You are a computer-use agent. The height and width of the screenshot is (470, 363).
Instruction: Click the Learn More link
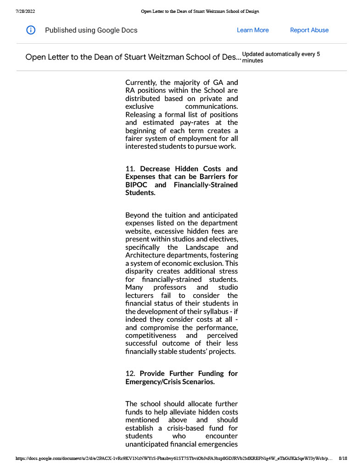coord(252,30)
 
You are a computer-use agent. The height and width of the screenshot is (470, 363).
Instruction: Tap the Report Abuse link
coord(309,30)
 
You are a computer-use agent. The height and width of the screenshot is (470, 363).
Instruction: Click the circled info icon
coord(31,30)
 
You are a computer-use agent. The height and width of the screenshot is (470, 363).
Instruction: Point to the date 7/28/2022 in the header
coord(25,11)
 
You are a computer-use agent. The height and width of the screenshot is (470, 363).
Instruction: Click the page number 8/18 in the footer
coord(342,458)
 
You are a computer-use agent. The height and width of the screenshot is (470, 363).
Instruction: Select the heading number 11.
coord(130,169)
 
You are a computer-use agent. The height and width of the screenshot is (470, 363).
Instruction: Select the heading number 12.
coord(130,374)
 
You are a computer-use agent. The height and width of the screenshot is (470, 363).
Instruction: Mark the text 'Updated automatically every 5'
coord(281,54)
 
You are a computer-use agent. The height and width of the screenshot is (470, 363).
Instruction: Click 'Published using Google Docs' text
coord(91,30)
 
